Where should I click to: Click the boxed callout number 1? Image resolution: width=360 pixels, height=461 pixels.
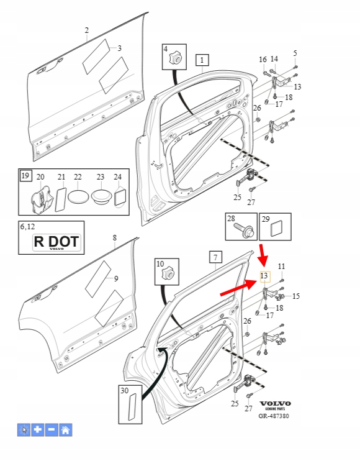202,60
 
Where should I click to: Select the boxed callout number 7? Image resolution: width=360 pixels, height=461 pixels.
215,257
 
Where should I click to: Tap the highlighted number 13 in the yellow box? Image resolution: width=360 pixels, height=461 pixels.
264,276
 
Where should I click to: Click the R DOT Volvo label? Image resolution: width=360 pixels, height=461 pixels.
56,242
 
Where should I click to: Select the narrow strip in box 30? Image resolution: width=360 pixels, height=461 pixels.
133,407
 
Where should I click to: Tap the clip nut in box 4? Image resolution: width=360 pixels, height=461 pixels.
176,57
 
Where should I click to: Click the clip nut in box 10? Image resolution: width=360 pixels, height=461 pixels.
168,273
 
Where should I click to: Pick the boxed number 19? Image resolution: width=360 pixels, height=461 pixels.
25,176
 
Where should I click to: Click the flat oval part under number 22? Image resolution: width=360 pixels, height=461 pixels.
78,196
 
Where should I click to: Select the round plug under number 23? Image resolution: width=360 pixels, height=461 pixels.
101,196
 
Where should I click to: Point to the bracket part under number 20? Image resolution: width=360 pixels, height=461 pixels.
41,199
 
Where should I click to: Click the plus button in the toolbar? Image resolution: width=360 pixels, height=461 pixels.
38,430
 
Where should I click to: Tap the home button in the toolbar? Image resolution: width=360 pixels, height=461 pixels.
66,430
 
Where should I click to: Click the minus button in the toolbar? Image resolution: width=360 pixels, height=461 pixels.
52,430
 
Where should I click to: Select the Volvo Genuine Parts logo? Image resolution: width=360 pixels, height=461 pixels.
275,405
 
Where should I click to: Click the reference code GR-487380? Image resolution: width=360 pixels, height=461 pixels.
274,416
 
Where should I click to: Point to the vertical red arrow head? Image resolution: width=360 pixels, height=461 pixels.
263,259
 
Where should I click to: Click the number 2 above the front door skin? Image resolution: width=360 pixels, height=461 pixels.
87,30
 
